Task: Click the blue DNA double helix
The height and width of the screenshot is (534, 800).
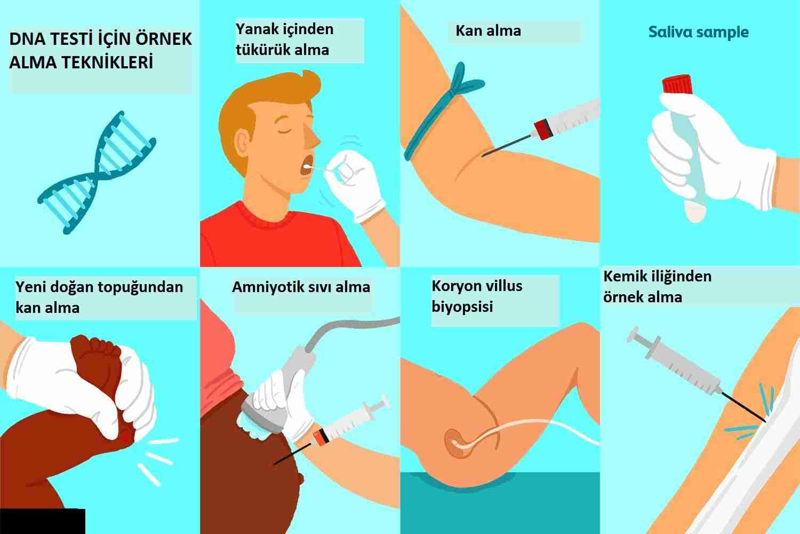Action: (x=97, y=173)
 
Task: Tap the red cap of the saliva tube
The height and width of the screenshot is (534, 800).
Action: (x=677, y=84)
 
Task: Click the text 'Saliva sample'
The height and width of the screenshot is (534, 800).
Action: (x=698, y=32)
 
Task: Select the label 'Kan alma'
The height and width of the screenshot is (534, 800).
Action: (x=488, y=31)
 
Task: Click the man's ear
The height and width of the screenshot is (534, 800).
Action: (x=242, y=143)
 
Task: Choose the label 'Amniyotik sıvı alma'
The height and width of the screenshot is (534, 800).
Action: (x=301, y=287)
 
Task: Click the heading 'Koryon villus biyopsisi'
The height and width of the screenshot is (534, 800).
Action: (x=477, y=296)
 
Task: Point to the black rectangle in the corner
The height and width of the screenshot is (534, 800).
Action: (x=43, y=521)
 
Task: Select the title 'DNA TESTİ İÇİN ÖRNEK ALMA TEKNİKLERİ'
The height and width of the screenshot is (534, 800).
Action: (x=100, y=50)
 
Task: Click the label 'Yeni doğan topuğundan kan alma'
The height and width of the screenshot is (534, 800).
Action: (x=99, y=297)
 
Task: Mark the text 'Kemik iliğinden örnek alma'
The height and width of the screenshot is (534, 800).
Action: (x=657, y=287)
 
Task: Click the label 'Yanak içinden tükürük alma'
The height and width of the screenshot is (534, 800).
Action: (x=285, y=40)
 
